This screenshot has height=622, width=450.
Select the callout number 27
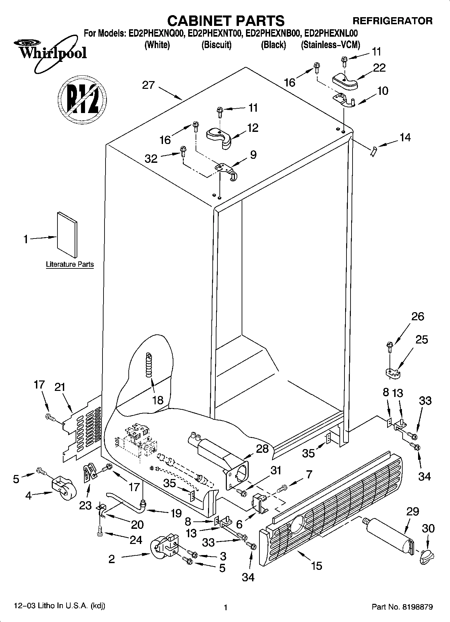(x=148, y=85)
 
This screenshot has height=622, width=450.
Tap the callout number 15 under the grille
(x=317, y=565)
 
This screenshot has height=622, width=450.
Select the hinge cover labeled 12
(x=218, y=136)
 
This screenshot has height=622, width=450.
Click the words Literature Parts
(x=70, y=264)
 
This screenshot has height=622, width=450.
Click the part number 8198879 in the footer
(x=415, y=607)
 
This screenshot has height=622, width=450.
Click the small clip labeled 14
(x=373, y=151)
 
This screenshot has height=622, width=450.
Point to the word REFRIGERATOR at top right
(x=392, y=21)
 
